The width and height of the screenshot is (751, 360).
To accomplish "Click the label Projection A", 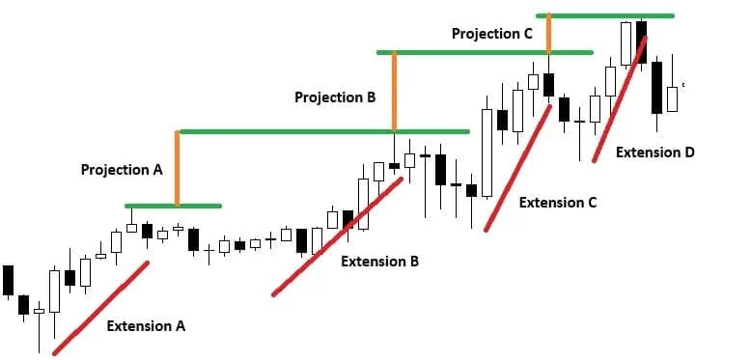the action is (122, 170).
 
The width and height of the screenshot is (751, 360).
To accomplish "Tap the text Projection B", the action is (335, 97).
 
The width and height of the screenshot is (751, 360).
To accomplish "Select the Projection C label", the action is (492, 34).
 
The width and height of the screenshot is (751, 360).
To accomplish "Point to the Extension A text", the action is (146, 326).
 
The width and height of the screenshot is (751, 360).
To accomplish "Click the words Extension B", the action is (379, 262).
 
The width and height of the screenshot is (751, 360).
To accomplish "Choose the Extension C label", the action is (558, 203).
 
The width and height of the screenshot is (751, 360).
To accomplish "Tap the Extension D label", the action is (655, 152).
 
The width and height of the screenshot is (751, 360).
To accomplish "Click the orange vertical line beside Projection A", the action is (178, 168).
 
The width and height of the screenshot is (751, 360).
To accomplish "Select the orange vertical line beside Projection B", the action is (394, 91).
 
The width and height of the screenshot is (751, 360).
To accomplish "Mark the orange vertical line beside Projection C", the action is (549, 34).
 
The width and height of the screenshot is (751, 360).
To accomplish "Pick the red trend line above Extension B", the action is (338, 236).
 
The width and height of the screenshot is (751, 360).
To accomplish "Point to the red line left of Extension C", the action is (517, 168).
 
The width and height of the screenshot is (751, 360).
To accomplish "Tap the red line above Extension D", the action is (621, 99).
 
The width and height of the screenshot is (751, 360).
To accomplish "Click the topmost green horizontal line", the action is (605, 15).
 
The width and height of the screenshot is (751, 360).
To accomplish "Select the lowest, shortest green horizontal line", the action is (173, 206).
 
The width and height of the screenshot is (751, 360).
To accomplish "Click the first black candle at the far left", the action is (8, 280).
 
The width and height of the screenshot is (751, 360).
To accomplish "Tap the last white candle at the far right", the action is (673, 99).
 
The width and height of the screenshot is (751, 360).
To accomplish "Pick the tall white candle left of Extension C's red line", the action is (487, 152).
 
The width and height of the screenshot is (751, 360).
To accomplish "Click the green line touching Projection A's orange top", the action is (323, 131).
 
